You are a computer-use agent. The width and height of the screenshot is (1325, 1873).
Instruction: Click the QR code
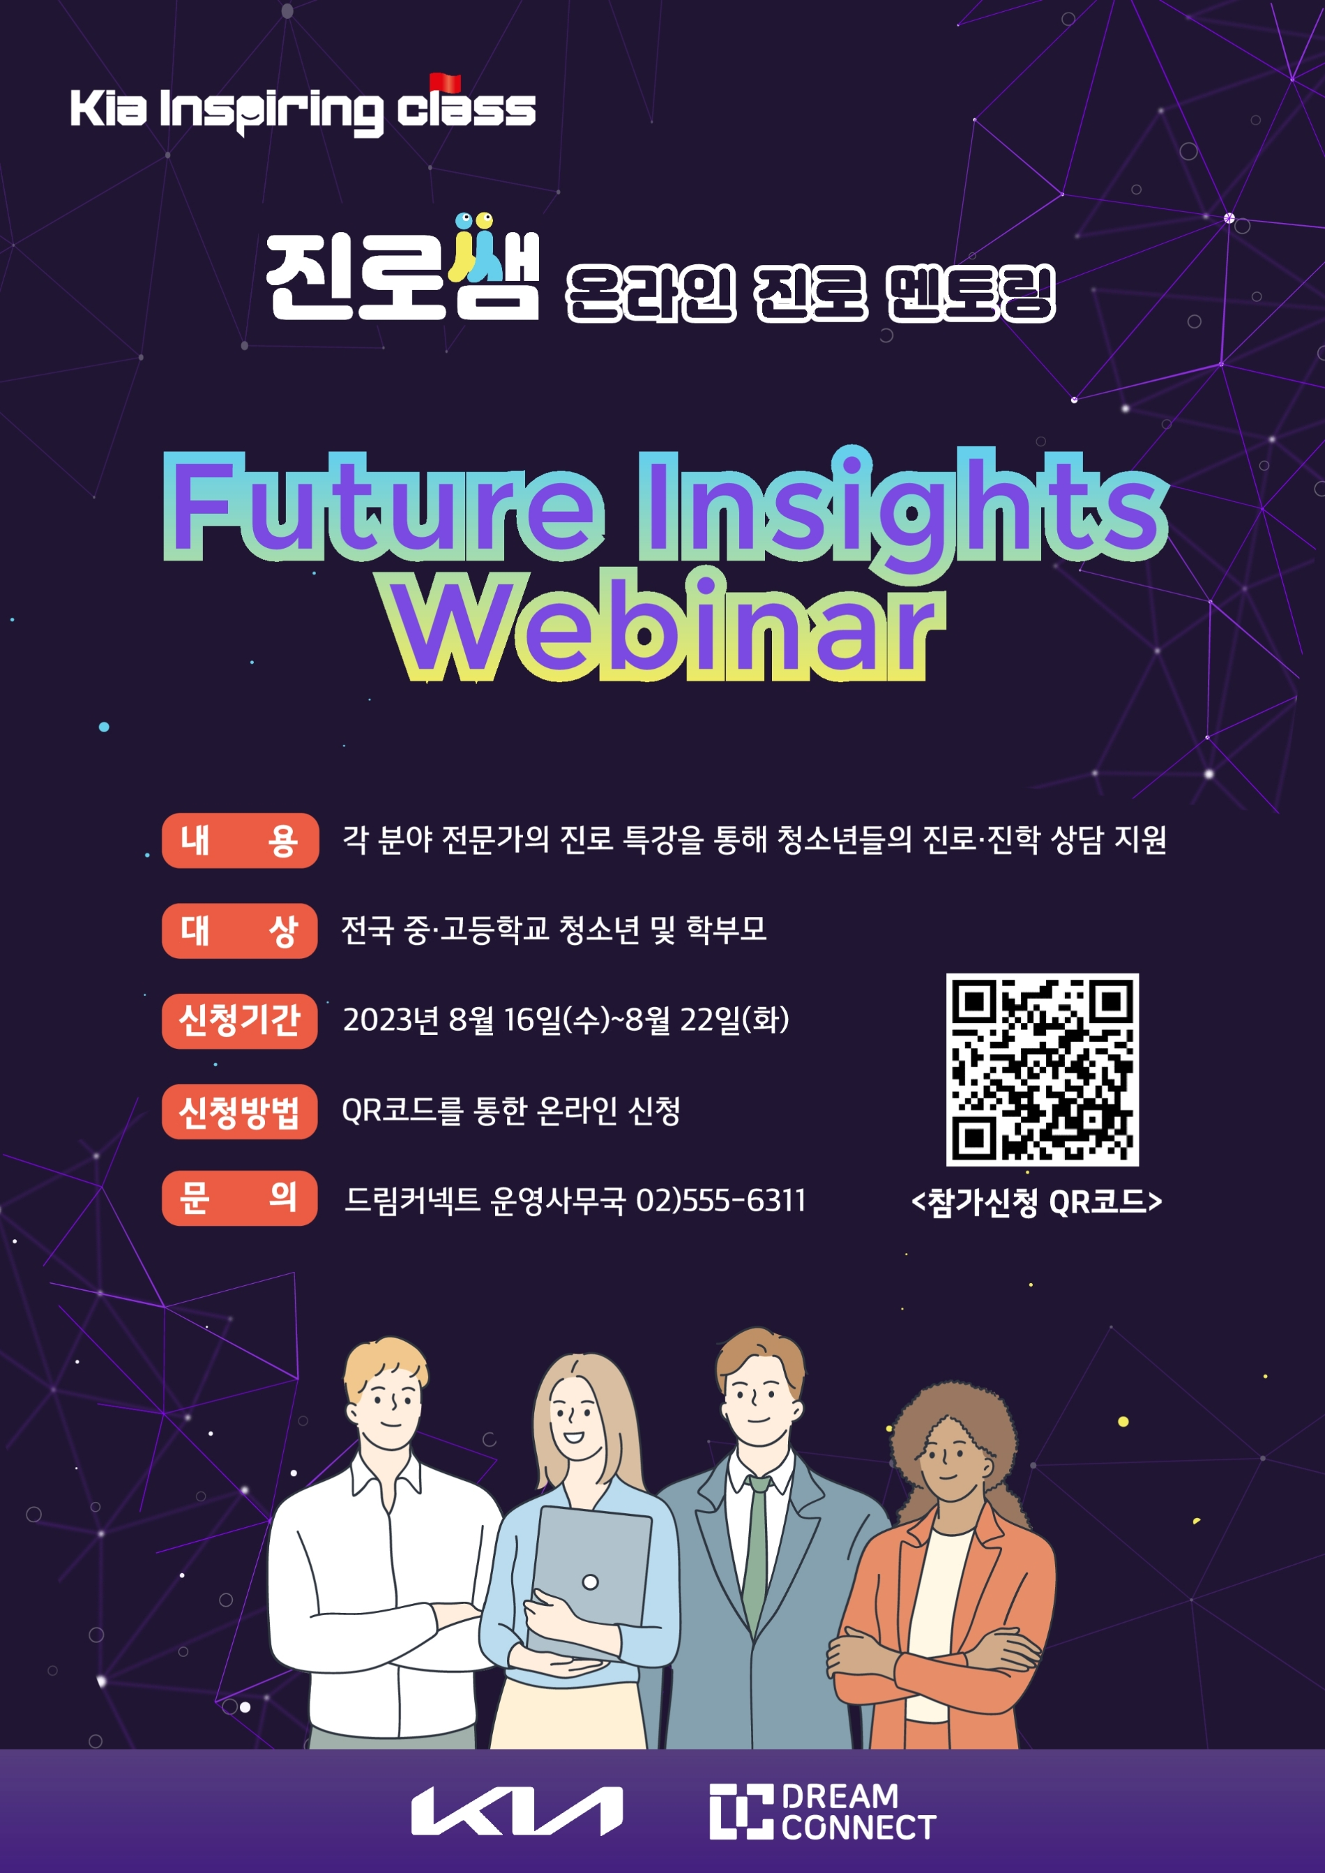(1042, 1069)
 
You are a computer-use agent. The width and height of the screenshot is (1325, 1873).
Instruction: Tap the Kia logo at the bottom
(517, 1811)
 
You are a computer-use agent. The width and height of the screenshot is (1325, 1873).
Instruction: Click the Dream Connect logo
(821, 1811)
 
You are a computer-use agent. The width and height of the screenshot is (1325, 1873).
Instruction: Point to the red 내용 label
(239, 840)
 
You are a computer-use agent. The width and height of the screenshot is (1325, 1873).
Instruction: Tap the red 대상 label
(239, 930)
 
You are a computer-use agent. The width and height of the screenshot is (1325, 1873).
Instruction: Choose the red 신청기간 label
(239, 1020)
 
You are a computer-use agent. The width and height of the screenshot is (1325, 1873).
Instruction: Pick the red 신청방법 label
(239, 1111)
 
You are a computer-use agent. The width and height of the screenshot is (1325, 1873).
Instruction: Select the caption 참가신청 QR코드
(1036, 1201)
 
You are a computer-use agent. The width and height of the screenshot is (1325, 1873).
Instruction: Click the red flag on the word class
(446, 82)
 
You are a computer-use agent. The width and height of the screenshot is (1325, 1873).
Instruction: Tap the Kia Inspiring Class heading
(303, 109)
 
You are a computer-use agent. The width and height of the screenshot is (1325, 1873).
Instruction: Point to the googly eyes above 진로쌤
(474, 220)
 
